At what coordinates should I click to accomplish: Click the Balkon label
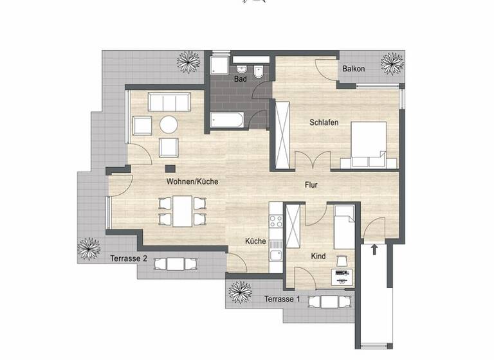click(x=354, y=69)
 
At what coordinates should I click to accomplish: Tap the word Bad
click(x=241, y=79)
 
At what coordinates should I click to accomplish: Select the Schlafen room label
click(x=324, y=123)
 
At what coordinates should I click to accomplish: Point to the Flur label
click(x=311, y=185)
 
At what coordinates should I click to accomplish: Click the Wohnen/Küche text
click(x=192, y=182)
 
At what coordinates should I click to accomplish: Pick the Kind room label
click(x=318, y=256)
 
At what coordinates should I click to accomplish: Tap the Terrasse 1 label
click(x=282, y=300)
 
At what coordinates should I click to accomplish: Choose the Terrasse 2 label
click(x=127, y=258)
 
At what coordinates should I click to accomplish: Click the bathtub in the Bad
click(x=227, y=120)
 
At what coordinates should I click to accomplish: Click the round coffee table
click(x=169, y=125)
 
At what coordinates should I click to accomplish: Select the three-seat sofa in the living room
click(x=169, y=102)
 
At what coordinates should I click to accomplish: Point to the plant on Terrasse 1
click(x=241, y=291)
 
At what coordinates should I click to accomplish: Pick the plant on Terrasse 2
click(x=89, y=248)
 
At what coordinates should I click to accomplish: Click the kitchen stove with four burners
click(x=276, y=221)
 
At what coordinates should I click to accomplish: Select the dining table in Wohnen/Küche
click(x=183, y=211)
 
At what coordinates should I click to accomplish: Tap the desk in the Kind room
click(x=342, y=276)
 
